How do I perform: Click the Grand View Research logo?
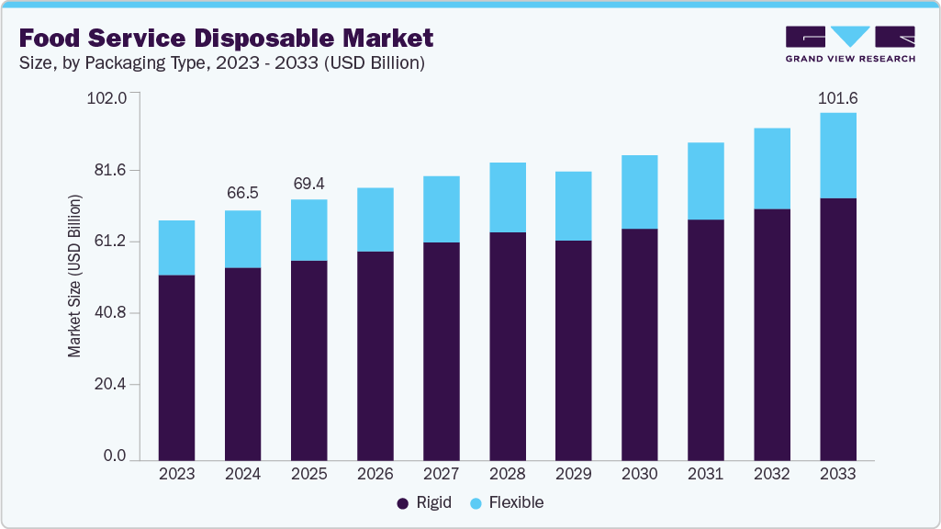click(x=850, y=43)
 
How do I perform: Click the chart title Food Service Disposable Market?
click(x=226, y=39)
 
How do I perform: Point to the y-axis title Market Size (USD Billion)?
click(x=74, y=276)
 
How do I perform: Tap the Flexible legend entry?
click(x=507, y=502)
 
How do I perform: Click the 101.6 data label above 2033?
click(x=837, y=98)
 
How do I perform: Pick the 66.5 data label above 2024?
click(x=242, y=193)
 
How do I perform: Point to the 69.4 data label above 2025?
click(x=308, y=184)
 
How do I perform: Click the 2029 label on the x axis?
click(x=573, y=474)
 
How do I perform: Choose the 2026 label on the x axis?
click(x=375, y=474)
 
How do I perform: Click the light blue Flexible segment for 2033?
click(x=837, y=155)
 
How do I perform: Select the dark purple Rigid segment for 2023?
click(x=176, y=367)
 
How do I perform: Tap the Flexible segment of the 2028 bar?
click(x=507, y=197)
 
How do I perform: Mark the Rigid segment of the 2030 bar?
click(x=639, y=344)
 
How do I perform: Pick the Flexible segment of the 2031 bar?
click(x=705, y=181)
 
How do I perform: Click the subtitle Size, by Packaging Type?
click(x=220, y=63)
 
